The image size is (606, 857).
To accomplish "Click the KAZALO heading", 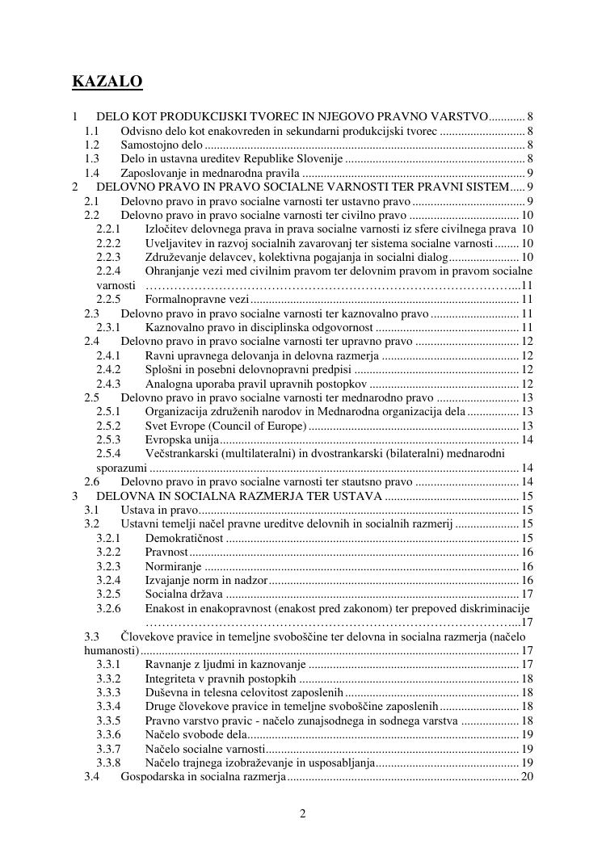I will [x=107, y=82].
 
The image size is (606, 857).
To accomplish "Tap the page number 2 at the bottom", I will [x=303, y=813].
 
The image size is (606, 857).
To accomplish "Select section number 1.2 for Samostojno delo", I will [x=92, y=145].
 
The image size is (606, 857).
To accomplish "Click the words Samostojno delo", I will [x=157, y=145].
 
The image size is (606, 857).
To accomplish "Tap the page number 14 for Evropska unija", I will [x=527, y=439].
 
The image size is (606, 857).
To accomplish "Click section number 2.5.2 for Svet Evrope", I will [x=108, y=426].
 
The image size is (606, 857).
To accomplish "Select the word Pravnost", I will [x=166, y=552].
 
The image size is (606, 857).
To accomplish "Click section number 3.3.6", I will [x=108, y=734].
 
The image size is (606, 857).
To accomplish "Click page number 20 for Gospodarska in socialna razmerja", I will [x=527, y=777].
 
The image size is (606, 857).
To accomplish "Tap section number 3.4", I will [x=92, y=777].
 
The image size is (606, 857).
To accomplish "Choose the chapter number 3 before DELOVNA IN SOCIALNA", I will [x=75, y=496].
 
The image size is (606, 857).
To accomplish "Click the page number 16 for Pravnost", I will [x=527, y=552].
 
